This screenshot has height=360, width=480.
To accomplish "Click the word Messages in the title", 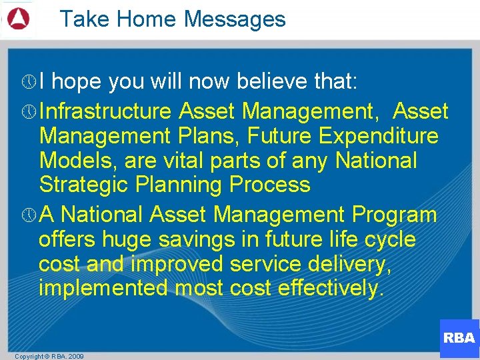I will point(235,19).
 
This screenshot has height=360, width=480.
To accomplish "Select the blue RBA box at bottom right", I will point(459,338).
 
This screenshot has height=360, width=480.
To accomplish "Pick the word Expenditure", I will point(378,136).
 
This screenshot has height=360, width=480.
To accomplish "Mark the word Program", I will point(395,215).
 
